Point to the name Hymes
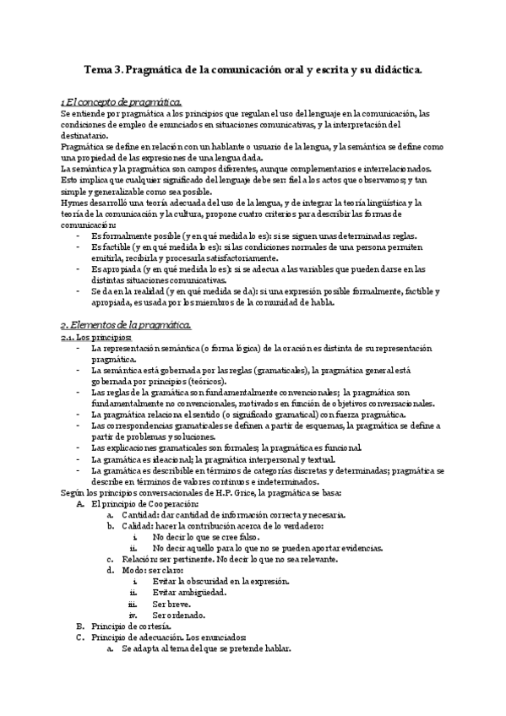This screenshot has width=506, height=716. [x=74, y=203]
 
